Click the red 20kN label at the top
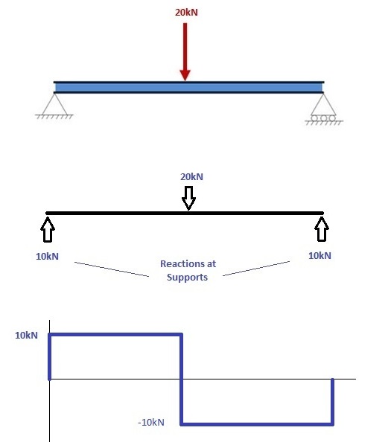(x=186, y=13)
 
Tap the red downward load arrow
(x=185, y=52)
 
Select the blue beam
(x=188, y=87)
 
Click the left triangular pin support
(x=55, y=104)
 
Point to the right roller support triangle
(x=323, y=104)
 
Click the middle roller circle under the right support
(x=323, y=118)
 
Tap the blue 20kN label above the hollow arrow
(x=191, y=177)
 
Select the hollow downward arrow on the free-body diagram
(x=188, y=198)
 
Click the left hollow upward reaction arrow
(x=48, y=229)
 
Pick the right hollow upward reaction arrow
(x=322, y=229)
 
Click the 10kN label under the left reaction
(x=48, y=257)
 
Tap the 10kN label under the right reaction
(x=319, y=256)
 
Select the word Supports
(x=187, y=277)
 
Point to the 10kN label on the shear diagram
(x=26, y=336)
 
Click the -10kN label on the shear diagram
(x=151, y=422)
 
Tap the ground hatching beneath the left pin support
(x=54, y=116)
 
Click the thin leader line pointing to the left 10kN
(x=112, y=269)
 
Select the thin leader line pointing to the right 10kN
(x=256, y=269)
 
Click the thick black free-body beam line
(x=185, y=213)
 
